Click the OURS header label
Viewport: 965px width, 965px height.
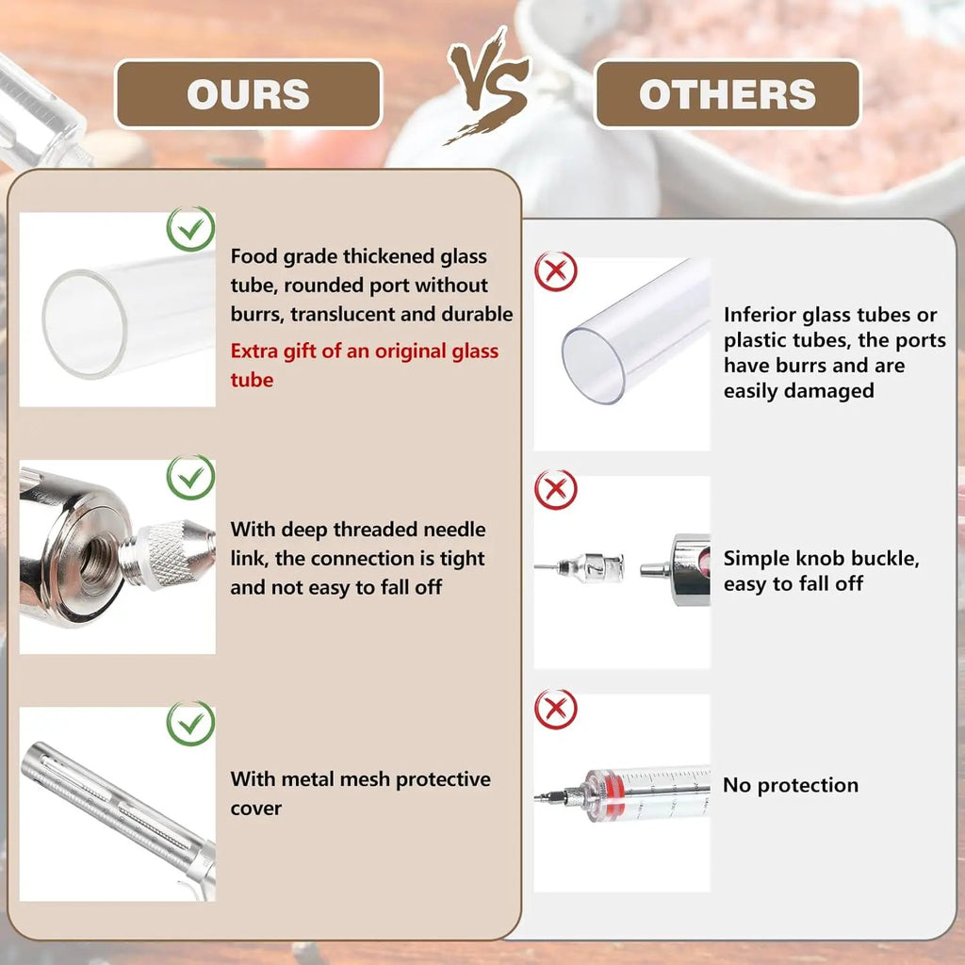tap(248, 94)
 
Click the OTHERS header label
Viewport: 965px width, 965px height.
tap(727, 94)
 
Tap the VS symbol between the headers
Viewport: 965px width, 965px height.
tap(488, 85)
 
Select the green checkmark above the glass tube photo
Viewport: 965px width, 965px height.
tap(190, 229)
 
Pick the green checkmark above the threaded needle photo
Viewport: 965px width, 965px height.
tap(190, 477)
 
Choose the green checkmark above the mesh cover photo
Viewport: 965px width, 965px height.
tap(190, 724)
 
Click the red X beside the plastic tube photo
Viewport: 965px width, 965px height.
tap(556, 270)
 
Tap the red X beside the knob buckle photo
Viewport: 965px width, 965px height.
tap(556, 490)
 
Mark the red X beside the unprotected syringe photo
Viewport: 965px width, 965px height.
tap(556, 709)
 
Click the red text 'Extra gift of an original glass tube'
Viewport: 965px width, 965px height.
tap(365, 365)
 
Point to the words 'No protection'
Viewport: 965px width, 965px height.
tap(791, 785)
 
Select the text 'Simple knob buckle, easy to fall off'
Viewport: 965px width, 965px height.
tap(821, 570)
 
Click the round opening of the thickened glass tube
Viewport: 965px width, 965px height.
tap(84, 324)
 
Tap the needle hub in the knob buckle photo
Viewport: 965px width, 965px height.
tap(591, 566)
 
